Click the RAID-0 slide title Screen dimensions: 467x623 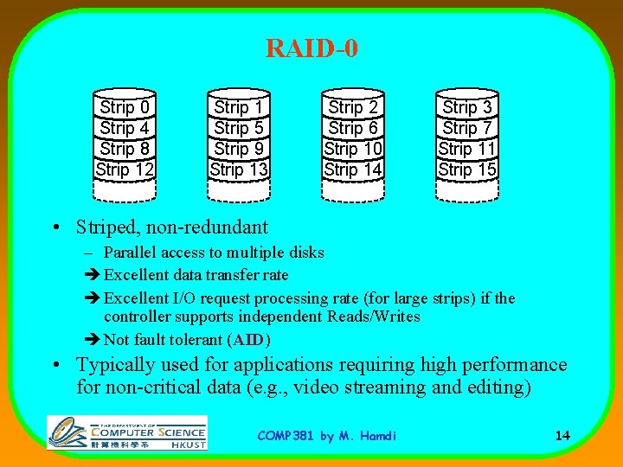(311, 48)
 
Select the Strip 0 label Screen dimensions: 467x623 (125, 107)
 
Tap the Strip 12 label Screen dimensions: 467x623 (125, 170)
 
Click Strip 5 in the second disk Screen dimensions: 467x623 (239, 128)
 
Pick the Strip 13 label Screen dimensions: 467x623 (239, 170)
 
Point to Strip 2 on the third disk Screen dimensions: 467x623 (353, 107)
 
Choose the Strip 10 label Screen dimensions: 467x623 (353, 149)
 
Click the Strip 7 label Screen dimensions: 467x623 (467, 128)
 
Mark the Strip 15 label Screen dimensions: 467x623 (467, 170)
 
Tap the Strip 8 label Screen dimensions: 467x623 (125, 149)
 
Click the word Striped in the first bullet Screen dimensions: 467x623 (103, 227)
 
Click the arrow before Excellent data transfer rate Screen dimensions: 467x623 (93, 275)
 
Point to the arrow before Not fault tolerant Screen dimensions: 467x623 (93, 340)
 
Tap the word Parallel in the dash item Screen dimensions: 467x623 (128, 253)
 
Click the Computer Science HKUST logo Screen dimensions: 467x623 (127, 432)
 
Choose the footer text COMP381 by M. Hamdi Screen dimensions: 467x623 (327, 436)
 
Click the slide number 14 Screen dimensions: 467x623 (562, 435)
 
